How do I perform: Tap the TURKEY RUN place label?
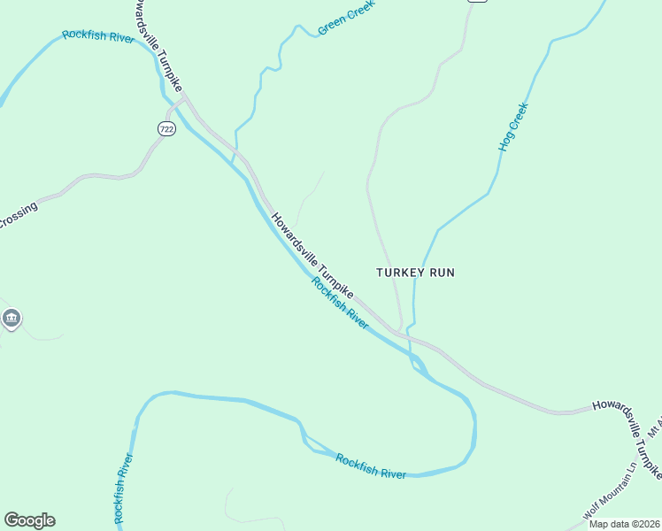(x=415, y=273)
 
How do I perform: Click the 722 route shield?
(x=166, y=129)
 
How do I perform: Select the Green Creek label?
(x=346, y=18)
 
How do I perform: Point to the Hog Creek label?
(x=513, y=127)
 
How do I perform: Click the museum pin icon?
(x=11, y=319)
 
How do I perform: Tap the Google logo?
(x=29, y=520)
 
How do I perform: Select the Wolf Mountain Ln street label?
(x=611, y=490)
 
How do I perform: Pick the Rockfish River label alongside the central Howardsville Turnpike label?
(x=340, y=303)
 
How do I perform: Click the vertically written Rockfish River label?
(x=123, y=488)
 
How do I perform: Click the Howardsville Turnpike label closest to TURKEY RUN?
(x=312, y=256)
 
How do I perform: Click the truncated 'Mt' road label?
(x=656, y=427)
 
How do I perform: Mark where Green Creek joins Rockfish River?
(x=232, y=165)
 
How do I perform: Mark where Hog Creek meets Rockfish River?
(x=412, y=358)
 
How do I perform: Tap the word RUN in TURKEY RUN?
(x=442, y=273)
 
